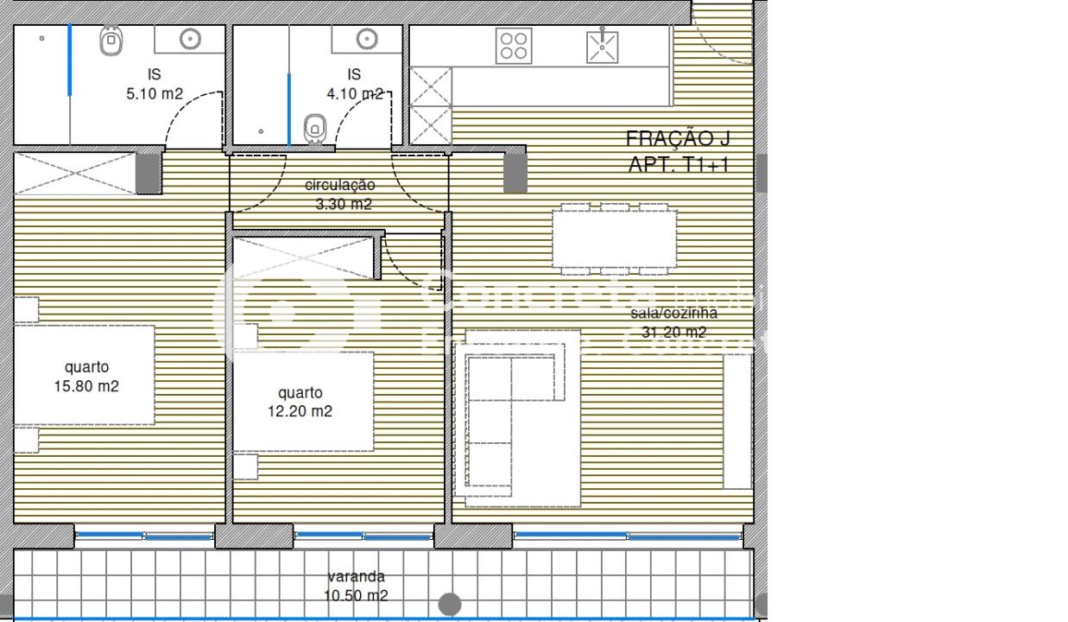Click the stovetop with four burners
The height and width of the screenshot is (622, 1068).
[514, 46]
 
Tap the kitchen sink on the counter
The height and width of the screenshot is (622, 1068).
[602, 46]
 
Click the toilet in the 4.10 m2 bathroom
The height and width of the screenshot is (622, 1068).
[314, 128]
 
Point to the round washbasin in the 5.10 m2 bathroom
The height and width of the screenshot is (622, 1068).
[190, 39]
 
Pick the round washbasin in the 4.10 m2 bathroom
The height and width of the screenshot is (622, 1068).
[368, 40]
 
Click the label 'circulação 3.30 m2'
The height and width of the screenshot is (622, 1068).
[339, 194]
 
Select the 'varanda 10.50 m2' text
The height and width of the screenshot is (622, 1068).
[356, 586]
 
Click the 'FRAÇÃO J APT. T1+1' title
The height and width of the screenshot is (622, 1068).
[678, 151]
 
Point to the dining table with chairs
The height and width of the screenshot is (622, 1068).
[614, 239]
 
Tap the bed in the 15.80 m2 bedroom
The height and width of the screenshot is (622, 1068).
[85, 375]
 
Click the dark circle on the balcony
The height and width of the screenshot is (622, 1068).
[449, 604]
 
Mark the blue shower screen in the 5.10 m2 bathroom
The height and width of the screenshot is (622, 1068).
[70, 60]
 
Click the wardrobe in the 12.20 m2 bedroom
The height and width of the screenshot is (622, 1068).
[306, 257]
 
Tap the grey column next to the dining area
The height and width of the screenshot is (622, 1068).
[515, 170]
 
